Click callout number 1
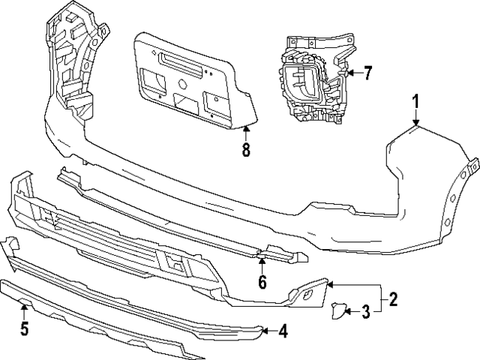point(415,100)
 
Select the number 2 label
point(393,300)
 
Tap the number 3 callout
point(365,311)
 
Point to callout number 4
point(283,330)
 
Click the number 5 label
point(24,328)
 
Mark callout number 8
point(245,149)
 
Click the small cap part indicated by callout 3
point(337,309)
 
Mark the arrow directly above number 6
point(262,260)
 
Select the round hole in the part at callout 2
point(308,298)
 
